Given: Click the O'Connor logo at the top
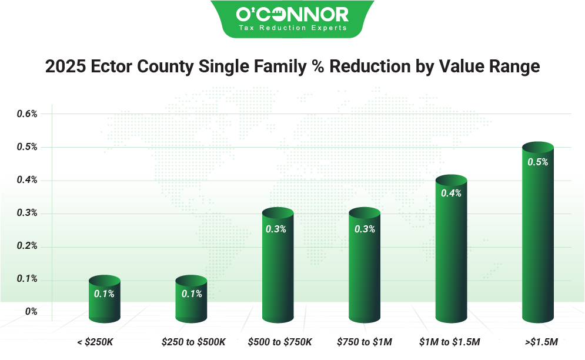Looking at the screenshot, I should click(x=292, y=14).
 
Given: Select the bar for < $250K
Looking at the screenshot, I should click(x=104, y=300).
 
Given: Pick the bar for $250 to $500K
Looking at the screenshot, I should click(x=192, y=300).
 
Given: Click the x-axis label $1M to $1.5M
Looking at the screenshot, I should click(x=450, y=341).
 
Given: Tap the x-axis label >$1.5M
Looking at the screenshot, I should click(x=539, y=341).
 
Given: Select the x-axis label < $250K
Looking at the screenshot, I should click(x=97, y=341).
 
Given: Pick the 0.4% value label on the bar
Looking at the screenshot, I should click(x=451, y=194).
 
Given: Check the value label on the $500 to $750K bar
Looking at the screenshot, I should click(x=276, y=229).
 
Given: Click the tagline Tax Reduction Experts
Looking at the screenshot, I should click(x=292, y=28).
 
